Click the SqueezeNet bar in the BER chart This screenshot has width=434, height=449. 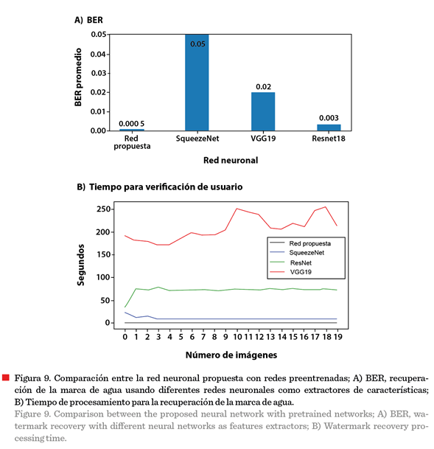coord(197,83)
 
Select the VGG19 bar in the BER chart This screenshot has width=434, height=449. coord(263,111)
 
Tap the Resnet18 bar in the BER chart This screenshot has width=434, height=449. coord(329,128)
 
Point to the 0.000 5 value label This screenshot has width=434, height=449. coord(132,124)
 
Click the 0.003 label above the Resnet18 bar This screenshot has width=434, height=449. coord(329,118)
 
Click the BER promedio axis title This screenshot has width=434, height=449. coord(78,77)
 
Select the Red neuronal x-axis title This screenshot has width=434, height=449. coord(231,160)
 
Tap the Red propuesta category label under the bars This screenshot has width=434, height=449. coord(132,142)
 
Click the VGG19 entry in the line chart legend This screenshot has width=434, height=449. coord(301,272)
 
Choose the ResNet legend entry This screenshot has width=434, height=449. coord(301,262)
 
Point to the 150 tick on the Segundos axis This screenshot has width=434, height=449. coord(103,254)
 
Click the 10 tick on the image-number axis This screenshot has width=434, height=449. coord(237,337)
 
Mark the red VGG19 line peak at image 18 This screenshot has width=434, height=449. coord(326,206)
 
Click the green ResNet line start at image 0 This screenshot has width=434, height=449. coord(125,307)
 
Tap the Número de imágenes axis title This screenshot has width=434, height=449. coord(231,355)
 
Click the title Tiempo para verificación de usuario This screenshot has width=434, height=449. coord(166,187)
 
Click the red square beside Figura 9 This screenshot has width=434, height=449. coord(6,377)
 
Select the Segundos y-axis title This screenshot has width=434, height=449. coord(80,265)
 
